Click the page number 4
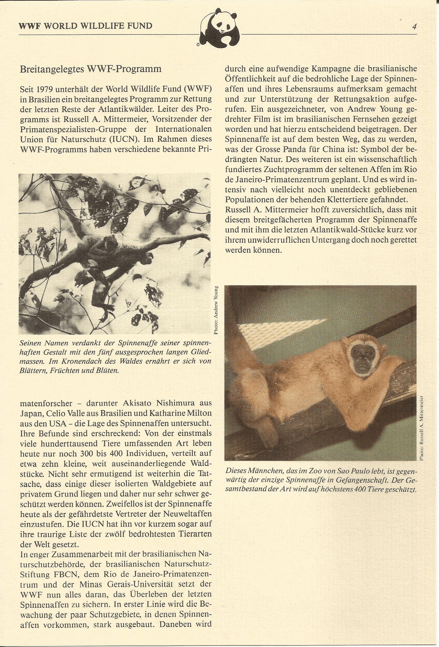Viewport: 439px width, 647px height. point(414,27)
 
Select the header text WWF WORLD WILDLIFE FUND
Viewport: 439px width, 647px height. point(85,26)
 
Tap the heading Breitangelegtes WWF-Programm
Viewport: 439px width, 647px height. point(91,69)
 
